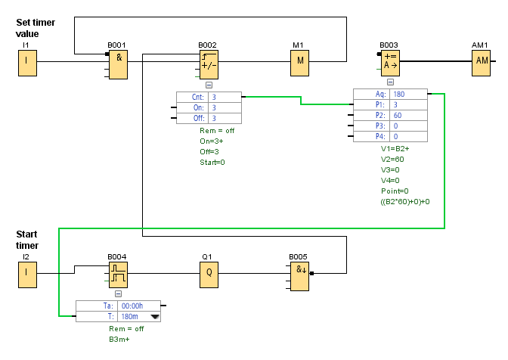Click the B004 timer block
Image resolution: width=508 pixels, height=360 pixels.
point(118,277)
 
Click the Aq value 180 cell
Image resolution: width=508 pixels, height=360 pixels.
point(408,94)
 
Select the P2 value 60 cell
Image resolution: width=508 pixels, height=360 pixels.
point(408,115)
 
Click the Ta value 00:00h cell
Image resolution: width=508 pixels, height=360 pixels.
point(133,306)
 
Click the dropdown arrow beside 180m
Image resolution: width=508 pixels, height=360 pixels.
point(156,318)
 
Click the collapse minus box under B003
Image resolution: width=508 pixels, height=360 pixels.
point(390,82)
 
